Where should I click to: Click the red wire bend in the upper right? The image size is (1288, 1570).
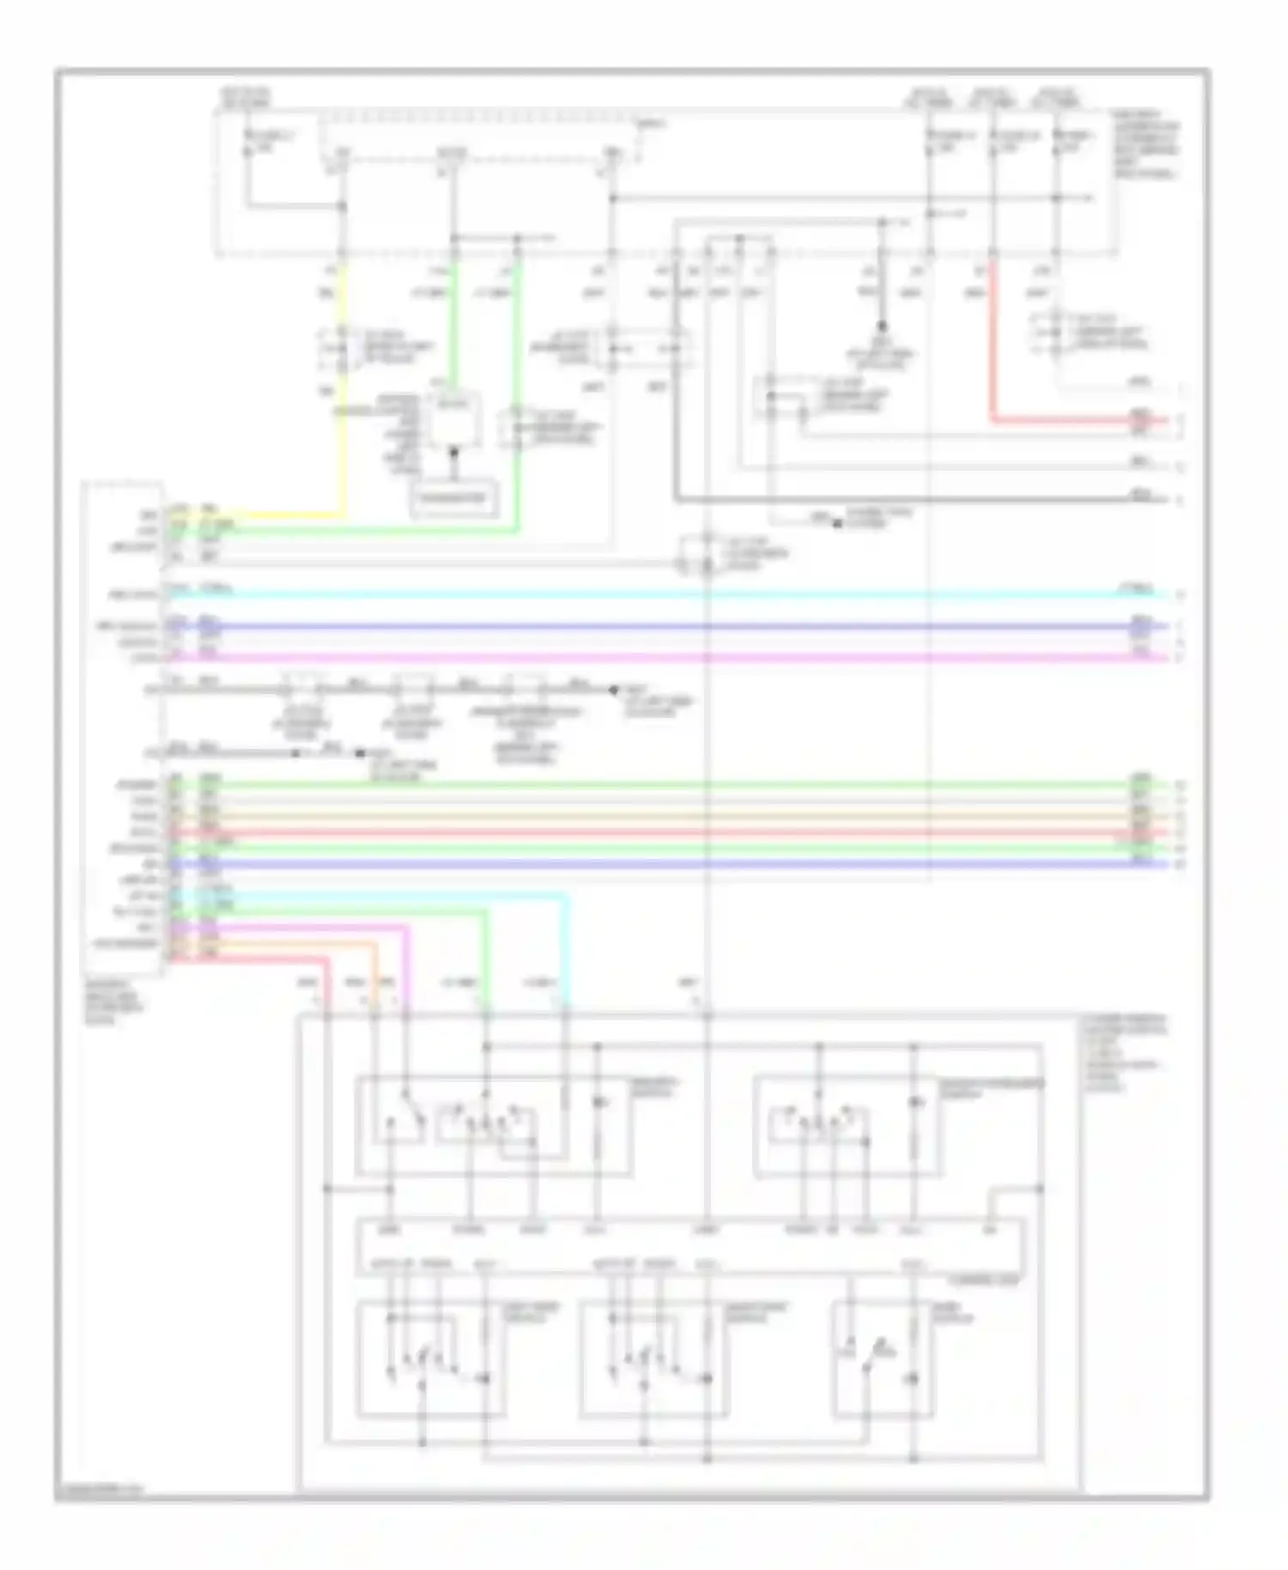click(994, 420)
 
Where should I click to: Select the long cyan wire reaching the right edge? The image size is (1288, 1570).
click(653, 594)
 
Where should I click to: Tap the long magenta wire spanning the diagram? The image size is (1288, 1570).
click(653, 658)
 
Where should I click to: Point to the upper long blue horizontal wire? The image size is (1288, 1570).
click(653, 626)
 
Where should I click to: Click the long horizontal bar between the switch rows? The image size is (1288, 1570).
click(691, 1246)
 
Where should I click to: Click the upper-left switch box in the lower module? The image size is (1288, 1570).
click(493, 1125)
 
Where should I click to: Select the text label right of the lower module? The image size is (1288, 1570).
click(1123, 1054)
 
